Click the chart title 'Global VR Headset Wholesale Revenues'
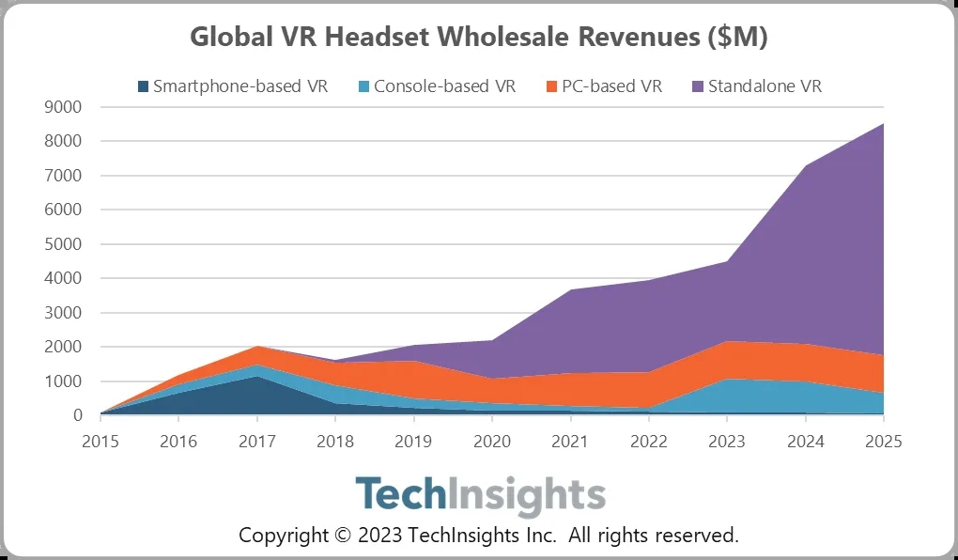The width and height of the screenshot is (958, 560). [x=479, y=38]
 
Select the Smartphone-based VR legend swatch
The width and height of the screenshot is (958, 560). [x=143, y=87]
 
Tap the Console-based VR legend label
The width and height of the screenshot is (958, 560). [x=444, y=86]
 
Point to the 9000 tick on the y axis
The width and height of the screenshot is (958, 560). [x=64, y=107]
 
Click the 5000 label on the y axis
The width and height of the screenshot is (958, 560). [x=64, y=244]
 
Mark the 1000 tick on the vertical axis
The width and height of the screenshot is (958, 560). [x=64, y=381]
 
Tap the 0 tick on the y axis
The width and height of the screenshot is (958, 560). [x=77, y=415]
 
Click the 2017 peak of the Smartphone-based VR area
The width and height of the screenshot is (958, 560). [x=256, y=376]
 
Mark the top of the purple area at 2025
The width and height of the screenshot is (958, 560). [x=883, y=124]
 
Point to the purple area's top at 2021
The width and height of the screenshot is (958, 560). [x=570, y=289]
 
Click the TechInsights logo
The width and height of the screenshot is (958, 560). [x=479, y=495]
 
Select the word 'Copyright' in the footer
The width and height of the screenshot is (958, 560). [x=282, y=536]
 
